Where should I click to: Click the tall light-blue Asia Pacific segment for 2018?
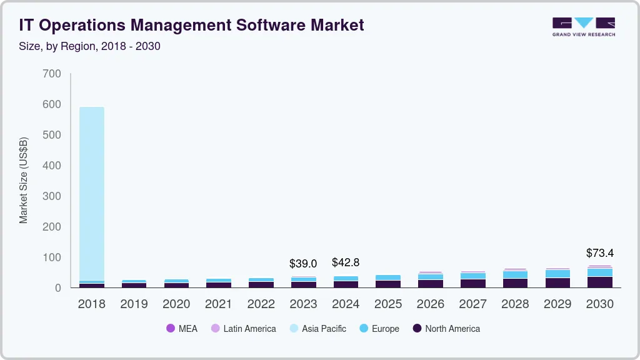click(x=91, y=194)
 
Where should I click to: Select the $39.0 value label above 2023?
click(x=303, y=264)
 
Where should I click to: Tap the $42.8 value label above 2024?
click(x=346, y=262)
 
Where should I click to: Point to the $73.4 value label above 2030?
click(x=600, y=253)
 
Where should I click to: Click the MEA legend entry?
click(x=182, y=329)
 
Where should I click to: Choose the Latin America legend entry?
click(x=243, y=329)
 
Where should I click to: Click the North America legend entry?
click(x=446, y=329)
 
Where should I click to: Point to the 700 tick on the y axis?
click(x=52, y=74)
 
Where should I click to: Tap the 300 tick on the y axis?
click(x=52, y=196)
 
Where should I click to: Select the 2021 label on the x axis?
click(x=219, y=304)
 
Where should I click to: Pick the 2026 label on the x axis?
click(x=431, y=304)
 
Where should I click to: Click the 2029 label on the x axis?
click(x=557, y=304)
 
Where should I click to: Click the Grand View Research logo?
click(x=583, y=26)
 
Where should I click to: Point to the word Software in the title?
click(x=273, y=25)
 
